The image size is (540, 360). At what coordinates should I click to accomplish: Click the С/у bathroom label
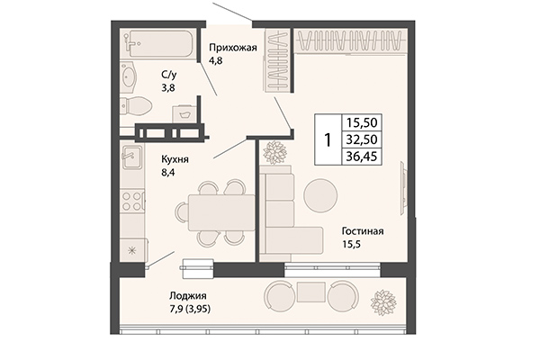pos(168,76)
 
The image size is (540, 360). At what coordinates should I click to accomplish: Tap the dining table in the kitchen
pos(221,213)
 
